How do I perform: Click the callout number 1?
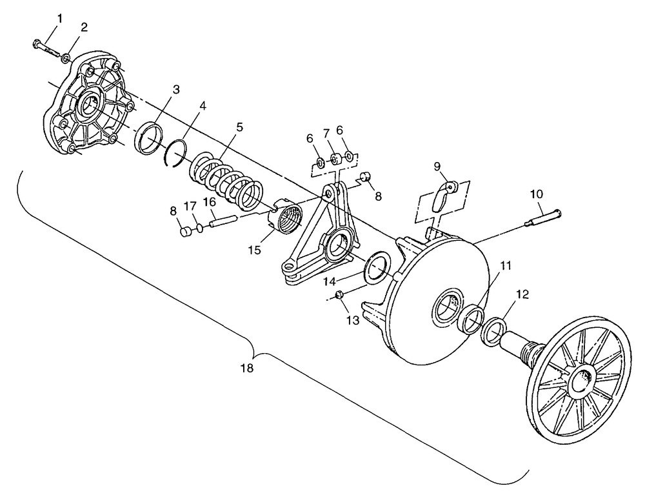tap(60, 19)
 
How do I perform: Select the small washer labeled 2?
tap(66, 59)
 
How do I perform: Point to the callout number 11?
tap(505, 265)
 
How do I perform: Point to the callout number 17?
tap(190, 206)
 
